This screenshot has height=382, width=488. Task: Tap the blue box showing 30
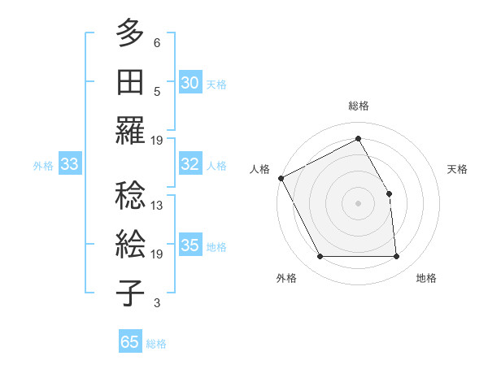(x=190, y=83)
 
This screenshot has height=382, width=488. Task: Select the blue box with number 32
(x=190, y=164)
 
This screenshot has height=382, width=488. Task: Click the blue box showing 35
(x=190, y=246)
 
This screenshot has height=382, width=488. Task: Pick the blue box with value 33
(x=69, y=165)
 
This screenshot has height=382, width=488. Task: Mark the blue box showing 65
(x=130, y=342)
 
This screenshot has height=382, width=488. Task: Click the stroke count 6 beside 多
(x=157, y=43)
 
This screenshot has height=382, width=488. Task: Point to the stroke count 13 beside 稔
(x=157, y=206)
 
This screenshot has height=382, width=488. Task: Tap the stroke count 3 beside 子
(x=157, y=303)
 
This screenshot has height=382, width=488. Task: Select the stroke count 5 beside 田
(x=157, y=92)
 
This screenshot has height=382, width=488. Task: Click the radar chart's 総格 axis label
(x=359, y=106)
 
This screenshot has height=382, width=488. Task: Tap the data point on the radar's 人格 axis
(x=281, y=178)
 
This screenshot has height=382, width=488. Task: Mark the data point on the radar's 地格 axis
(x=397, y=257)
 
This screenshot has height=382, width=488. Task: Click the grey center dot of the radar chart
(x=359, y=203)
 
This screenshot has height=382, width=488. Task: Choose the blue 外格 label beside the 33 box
(x=43, y=166)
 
